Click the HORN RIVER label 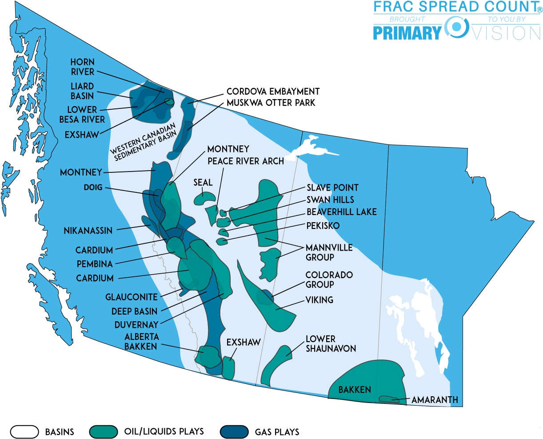83,67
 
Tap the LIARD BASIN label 82,91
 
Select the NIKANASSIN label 88,231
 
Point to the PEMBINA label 95,264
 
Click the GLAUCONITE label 132,297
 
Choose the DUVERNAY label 136,325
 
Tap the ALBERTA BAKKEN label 141,342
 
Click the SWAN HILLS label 330,200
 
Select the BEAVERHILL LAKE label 341,212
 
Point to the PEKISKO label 323,226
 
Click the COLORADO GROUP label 329,279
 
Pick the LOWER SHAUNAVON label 331,344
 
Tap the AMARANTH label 435,400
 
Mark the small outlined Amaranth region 389,399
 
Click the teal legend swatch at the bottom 104,432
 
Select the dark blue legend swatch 234,432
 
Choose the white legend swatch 24,432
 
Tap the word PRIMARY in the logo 407,33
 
